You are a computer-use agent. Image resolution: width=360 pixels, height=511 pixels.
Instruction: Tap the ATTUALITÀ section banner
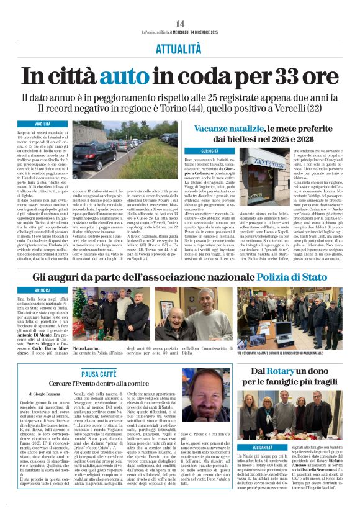[180, 48]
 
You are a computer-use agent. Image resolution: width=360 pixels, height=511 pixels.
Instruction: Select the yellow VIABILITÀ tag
[43, 124]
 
